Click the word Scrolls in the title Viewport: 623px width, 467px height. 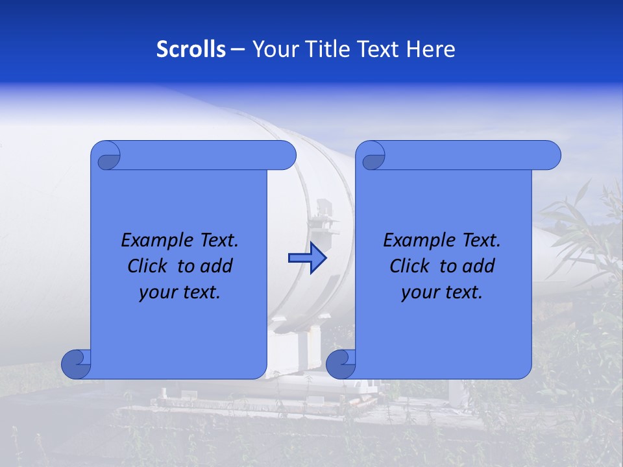(x=191, y=49)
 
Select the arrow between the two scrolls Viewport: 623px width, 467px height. (x=307, y=258)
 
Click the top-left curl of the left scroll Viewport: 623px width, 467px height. (x=106, y=156)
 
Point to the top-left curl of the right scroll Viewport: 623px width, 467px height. (x=371, y=156)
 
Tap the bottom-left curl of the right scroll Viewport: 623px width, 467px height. (x=341, y=364)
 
